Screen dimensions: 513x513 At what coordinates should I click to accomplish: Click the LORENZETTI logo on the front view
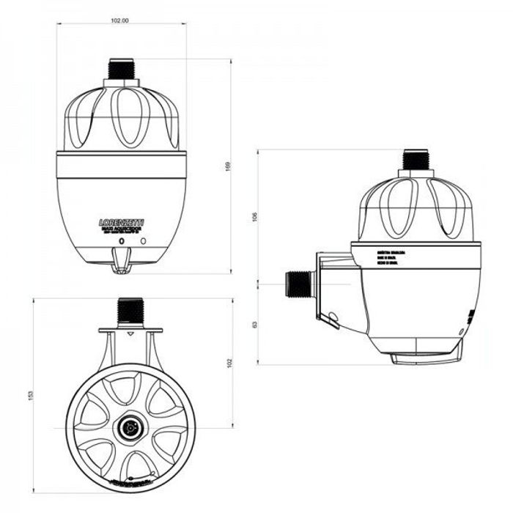(x=121, y=221)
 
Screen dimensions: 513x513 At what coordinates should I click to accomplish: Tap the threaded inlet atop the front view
(x=120, y=70)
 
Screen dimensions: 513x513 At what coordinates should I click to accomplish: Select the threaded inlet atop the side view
(x=415, y=160)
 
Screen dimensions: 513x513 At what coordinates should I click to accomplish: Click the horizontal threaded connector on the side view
(x=298, y=283)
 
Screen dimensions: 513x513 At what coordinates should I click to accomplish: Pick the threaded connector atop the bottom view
(x=131, y=310)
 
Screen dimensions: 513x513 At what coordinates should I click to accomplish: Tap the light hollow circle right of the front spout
(x=144, y=240)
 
